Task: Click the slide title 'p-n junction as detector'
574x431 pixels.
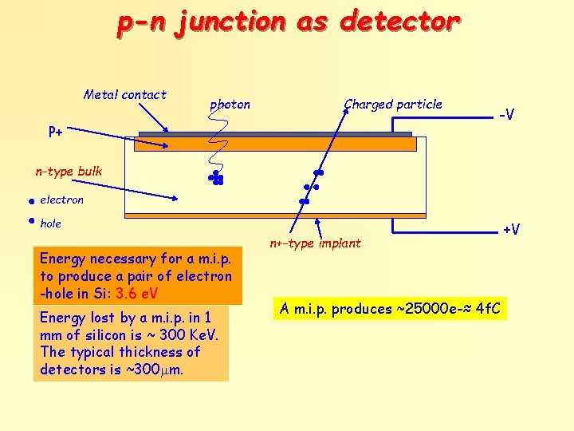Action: tap(288, 22)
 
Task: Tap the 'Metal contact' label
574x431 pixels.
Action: tap(125, 95)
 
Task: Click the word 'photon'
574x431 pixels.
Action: tap(230, 105)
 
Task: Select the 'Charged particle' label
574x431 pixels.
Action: tap(393, 104)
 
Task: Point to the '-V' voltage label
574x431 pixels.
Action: tap(505, 115)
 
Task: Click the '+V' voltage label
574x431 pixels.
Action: tap(511, 230)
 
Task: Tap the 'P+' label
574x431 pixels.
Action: tap(56, 131)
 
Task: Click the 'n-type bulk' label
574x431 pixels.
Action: tap(69, 172)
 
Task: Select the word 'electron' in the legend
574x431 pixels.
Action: tap(61, 200)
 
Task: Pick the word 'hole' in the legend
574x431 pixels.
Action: tap(50, 223)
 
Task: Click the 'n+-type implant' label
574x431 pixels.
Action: tap(315, 243)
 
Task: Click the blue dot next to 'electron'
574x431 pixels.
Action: tap(28, 200)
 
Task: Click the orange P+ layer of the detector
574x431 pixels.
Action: tap(275, 144)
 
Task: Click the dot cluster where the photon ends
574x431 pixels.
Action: tap(215, 179)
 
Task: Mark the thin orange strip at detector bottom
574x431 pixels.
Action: tap(275, 215)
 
